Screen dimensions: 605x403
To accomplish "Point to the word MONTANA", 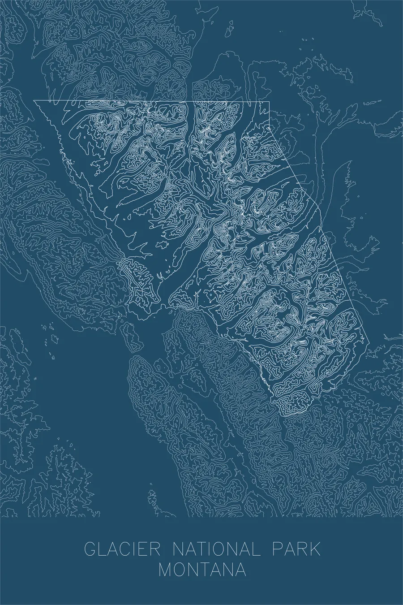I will coord(202,570).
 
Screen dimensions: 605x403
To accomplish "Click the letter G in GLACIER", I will coord(90,550).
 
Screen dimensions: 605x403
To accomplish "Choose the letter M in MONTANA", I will coord(167,570).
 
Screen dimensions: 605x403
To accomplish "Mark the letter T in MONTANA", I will coord(209,570).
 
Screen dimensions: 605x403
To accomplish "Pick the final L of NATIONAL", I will coord(257,550).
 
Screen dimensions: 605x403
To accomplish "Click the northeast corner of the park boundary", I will coord(269,102).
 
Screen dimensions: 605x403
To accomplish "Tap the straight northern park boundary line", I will coord(152,101).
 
